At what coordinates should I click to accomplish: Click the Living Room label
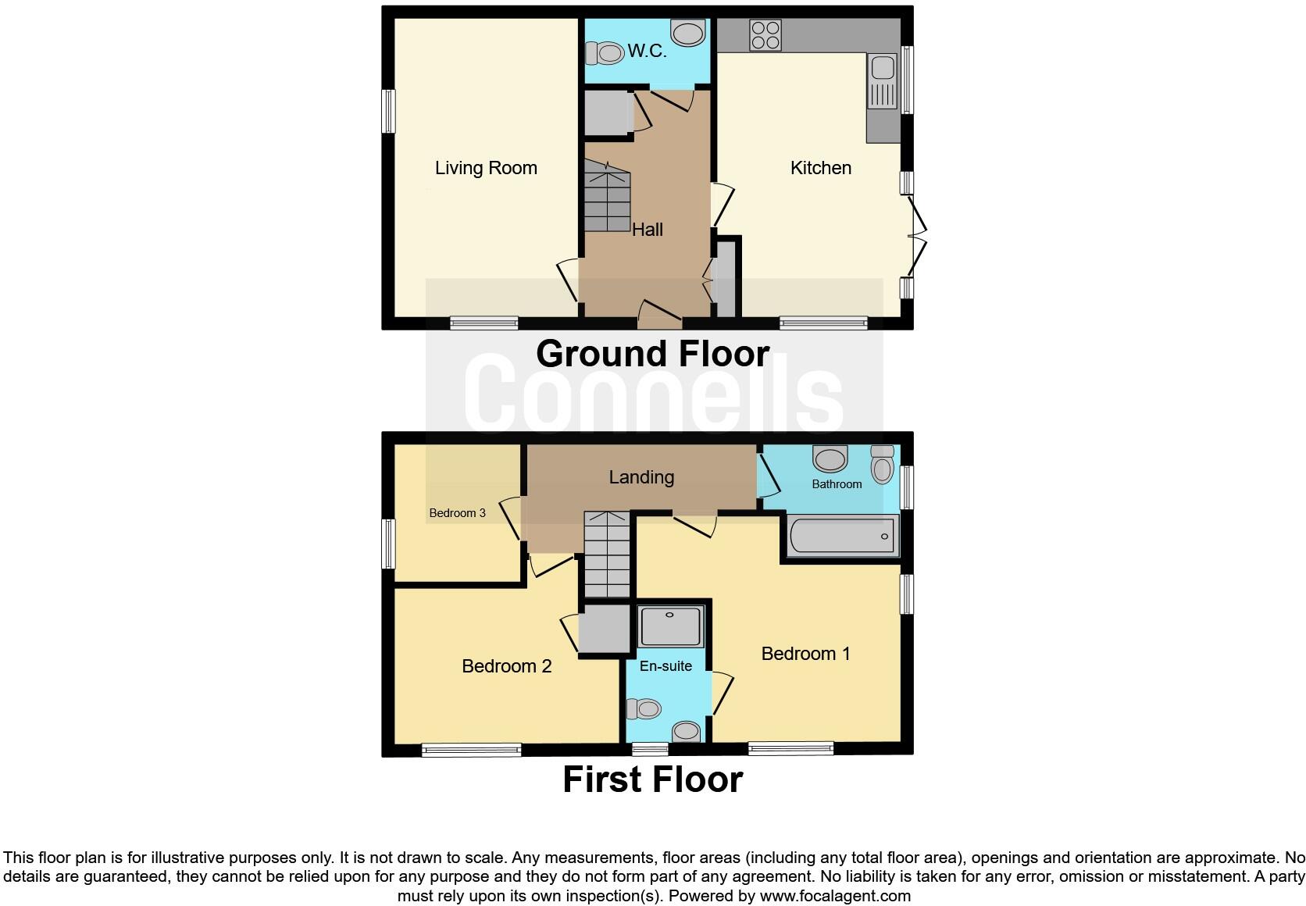point(486,168)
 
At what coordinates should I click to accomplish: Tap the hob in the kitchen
point(765,35)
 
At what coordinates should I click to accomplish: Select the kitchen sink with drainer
point(883,81)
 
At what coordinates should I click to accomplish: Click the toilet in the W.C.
point(604,54)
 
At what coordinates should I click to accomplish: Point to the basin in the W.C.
point(688,34)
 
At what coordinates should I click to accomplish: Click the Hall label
point(647,230)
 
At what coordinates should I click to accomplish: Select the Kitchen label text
point(820,168)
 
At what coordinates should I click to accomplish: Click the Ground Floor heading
point(652,354)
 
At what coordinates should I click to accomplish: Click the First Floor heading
point(652,779)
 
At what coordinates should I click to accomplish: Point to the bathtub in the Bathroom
point(841,537)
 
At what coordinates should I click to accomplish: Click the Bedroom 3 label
point(457,513)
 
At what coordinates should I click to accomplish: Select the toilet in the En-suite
point(646,709)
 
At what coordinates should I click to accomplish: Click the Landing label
point(641,477)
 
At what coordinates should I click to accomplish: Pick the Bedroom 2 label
point(506,666)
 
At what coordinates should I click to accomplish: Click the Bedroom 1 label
point(805,654)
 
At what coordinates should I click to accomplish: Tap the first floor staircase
point(607,555)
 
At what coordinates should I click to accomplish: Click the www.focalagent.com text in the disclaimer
point(834,896)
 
